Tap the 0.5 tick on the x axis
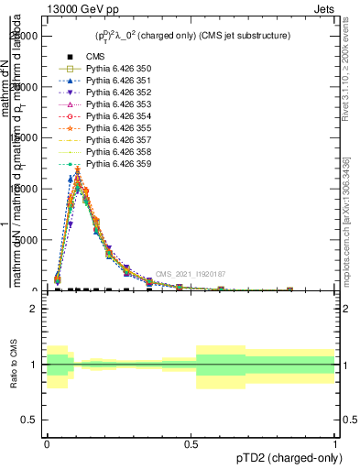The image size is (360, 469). pyautogui.click(x=191, y=444)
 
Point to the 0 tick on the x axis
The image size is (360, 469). pyautogui.click(x=47, y=444)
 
